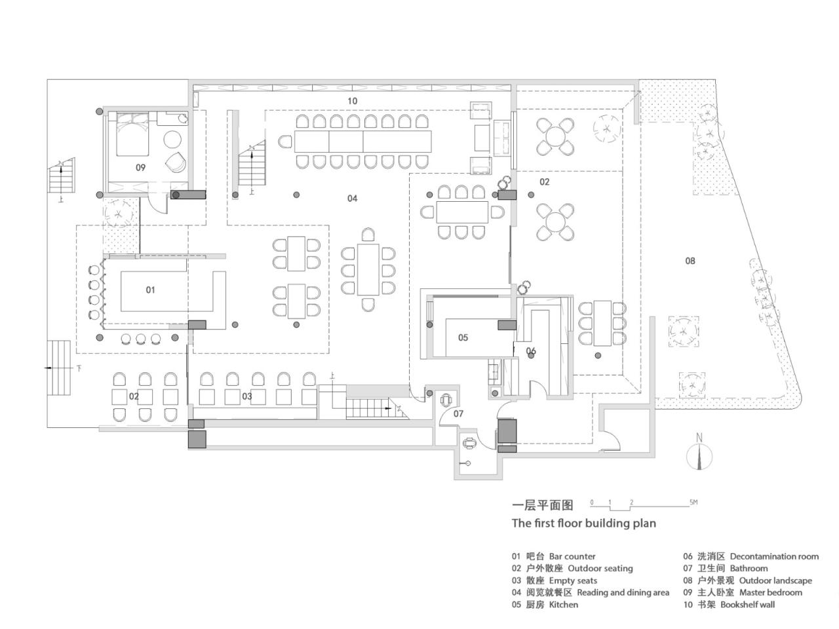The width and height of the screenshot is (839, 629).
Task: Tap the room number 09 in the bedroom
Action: tap(140, 168)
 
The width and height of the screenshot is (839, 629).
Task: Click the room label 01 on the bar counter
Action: tap(150, 290)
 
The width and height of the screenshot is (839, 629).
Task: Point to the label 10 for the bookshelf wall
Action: tap(352, 101)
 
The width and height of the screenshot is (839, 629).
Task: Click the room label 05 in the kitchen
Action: tap(463, 338)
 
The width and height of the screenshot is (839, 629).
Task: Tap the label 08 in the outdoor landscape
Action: tap(690, 261)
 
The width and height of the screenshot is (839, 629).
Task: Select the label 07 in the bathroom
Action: tap(458, 414)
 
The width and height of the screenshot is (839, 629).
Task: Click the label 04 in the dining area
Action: tap(352, 198)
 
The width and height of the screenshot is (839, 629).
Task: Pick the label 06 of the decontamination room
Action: tap(531, 351)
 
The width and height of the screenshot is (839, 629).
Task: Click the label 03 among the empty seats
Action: tap(247, 396)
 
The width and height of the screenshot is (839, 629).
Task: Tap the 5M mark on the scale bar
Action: tap(693, 503)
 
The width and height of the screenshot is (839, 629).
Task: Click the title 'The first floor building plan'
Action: tap(583, 523)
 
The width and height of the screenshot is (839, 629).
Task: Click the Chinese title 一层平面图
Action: tap(542, 505)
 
